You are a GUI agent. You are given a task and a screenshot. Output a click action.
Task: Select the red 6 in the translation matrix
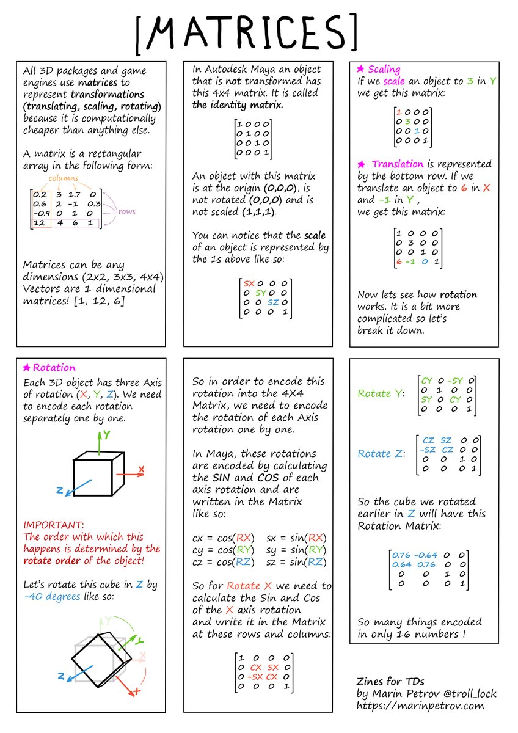[398, 261]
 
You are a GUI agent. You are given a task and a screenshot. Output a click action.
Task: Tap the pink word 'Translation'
[397, 164]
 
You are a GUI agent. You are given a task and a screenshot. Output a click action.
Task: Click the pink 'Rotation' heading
[54, 368]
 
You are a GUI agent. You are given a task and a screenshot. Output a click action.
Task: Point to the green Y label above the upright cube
[106, 434]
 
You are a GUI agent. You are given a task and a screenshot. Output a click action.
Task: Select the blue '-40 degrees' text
[52, 596]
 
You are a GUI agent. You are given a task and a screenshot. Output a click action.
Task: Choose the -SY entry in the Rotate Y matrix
[453, 380]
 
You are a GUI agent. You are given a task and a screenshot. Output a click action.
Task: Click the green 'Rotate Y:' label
[382, 393]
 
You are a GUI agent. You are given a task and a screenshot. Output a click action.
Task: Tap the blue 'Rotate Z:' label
[382, 453]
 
